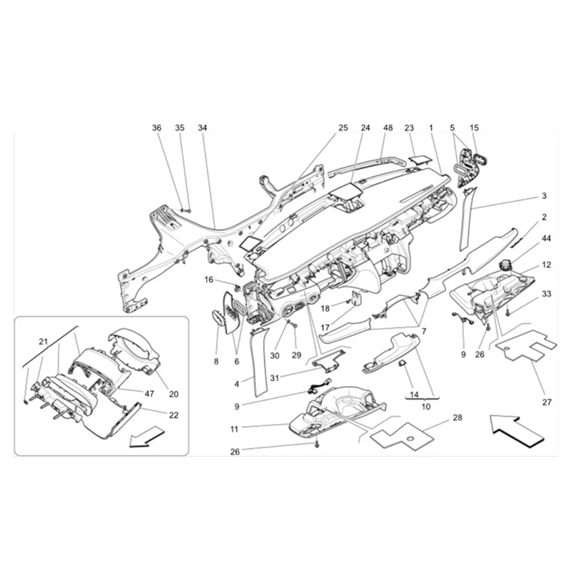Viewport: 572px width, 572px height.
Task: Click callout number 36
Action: coord(157,128)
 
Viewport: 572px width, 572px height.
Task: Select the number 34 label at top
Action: coord(202,128)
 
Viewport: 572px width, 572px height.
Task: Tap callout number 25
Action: coord(343,128)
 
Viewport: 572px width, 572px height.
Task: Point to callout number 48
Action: coord(388,128)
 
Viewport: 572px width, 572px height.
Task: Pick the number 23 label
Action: coord(410,128)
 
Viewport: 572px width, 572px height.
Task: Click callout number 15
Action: coord(474,128)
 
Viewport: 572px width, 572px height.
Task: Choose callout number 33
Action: coord(546,294)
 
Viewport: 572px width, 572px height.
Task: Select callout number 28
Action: coord(458,417)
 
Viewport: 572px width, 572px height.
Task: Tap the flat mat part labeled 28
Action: coord(400,433)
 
